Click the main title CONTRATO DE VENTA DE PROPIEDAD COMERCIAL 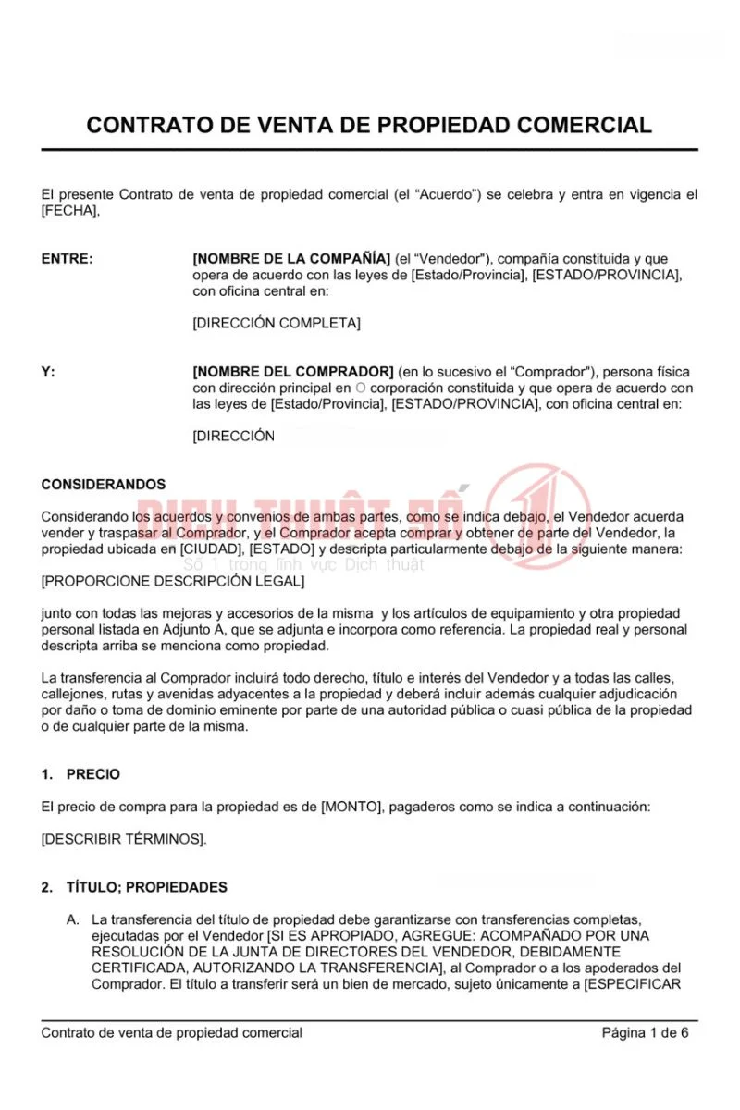tap(369, 125)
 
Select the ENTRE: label tap(68, 259)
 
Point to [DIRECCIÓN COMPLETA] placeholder tap(277, 323)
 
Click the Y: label tap(48, 372)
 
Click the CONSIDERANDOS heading tap(104, 484)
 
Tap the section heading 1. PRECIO tap(80, 774)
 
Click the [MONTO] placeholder tap(351, 807)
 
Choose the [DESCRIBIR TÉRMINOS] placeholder tap(124, 839)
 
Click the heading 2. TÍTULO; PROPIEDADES tap(134, 887)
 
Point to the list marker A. tap(72, 919)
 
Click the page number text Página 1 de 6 tap(645, 1032)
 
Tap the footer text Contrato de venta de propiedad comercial tap(171, 1032)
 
